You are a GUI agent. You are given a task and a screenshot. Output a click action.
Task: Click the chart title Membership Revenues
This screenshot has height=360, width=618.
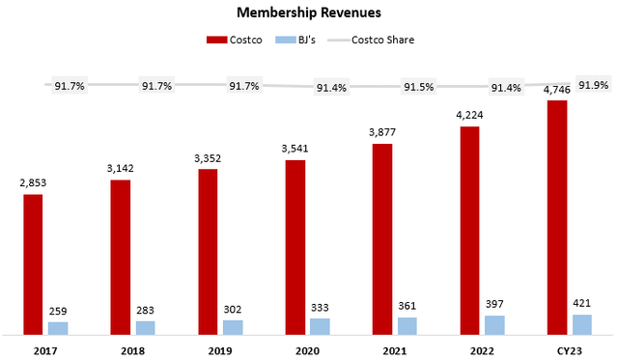click(308, 13)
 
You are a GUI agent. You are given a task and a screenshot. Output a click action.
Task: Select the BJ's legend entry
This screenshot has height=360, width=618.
click(295, 40)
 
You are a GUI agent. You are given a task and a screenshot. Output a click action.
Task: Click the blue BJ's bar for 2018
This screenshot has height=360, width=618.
click(145, 328)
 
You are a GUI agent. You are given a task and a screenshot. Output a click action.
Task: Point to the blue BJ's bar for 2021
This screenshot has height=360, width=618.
click(407, 326)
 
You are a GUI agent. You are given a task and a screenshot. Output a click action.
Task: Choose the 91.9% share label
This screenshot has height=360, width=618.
click(594, 83)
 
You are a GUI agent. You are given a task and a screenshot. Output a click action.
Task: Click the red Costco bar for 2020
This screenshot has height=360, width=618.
click(295, 247)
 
